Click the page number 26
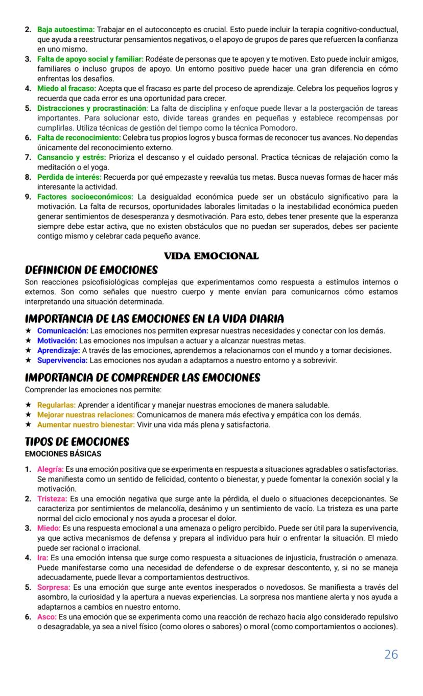coord(391,654)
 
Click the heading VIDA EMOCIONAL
coord(211,256)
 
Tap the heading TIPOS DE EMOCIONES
coord(77,442)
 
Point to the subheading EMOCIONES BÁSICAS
coord(63,453)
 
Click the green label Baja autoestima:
coord(66,30)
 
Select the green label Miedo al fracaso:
coord(66,89)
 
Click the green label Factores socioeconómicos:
coord(85,197)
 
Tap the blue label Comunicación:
coord(62,331)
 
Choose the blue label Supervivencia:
coord(62,361)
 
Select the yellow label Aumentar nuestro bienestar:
coord(86,424)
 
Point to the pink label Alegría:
coord(50,469)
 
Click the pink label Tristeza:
coord(52,498)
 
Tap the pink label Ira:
coord(42,558)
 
